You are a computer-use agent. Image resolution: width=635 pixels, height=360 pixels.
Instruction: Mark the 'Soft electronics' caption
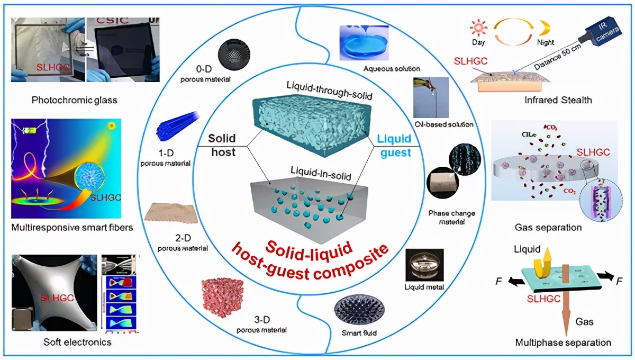[x=77, y=342]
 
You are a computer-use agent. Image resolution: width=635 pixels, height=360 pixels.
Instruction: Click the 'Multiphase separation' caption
[x=563, y=342]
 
